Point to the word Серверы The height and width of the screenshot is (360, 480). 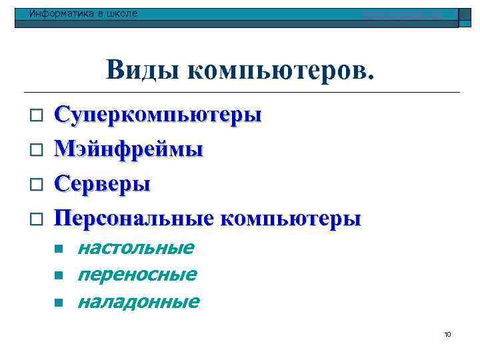click(102, 183)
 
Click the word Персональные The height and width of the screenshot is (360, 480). click(134, 218)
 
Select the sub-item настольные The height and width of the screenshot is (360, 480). click(135, 249)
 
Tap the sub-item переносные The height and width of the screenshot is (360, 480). click(137, 275)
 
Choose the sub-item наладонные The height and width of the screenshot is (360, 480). click(138, 302)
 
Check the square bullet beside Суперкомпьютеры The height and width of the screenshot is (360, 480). click(37, 116)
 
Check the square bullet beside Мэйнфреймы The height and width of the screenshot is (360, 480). click(37, 150)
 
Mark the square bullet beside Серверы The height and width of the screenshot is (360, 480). click(37, 184)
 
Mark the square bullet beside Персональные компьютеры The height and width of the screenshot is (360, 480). click(37, 219)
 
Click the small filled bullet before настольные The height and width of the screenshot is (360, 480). click(59, 249)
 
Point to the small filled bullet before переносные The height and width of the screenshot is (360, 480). click(59, 275)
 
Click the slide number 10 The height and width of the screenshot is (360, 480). click(447, 334)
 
